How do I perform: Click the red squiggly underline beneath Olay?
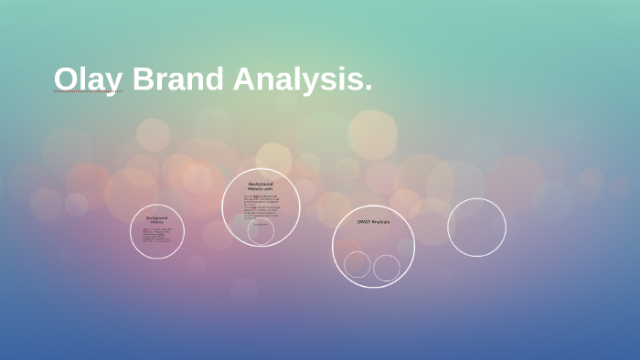(x=88, y=92)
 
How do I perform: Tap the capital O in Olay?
(x=65, y=79)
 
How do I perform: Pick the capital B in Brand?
(x=143, y=79)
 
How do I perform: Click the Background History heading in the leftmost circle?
(x=157, y=219)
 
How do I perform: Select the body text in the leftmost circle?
(x=156, y=235)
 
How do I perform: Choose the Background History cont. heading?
(x=261, y=185)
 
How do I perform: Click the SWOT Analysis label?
(x=373, y=222)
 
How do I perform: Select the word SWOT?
(x=364, y=222)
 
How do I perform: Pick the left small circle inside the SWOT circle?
(x=357, y=264)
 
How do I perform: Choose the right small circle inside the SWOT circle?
(x=387, y=268)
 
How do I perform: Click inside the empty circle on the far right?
(x=476, y=228)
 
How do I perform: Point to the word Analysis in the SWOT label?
(x=380, y=222)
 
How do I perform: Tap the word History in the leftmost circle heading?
(x=157, y=222)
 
